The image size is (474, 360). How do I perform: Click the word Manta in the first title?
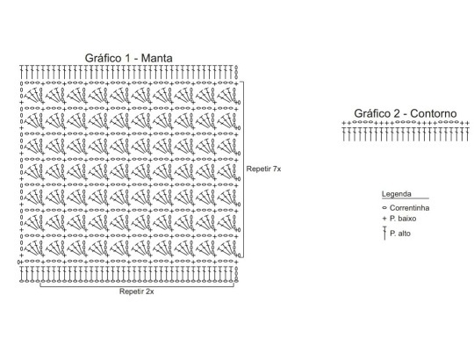[156, 58]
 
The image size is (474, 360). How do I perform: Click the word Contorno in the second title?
[434, 113]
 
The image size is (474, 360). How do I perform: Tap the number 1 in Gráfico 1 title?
[126, 58]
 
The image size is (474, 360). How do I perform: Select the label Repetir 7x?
[263, 169]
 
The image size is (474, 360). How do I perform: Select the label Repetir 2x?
[137, 292]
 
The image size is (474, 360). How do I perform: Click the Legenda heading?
[396, 194]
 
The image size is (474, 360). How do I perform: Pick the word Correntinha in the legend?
[409, 208]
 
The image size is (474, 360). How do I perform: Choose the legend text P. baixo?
[403, 219]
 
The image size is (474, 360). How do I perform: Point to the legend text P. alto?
[400, 234]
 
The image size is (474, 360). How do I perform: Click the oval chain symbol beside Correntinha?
[384, 208]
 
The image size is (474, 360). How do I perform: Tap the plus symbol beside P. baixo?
[384, 219]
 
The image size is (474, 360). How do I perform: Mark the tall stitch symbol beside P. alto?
[384, 233]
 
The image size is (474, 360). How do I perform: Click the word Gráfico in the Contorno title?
[372, 113]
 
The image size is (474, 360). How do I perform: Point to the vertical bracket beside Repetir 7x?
[243, 169]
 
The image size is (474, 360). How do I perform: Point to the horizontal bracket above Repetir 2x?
[137, 286]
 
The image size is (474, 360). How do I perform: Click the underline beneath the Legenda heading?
[406, 198]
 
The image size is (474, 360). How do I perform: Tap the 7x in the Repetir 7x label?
[276, 169]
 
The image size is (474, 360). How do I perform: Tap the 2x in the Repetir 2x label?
[149, 292]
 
